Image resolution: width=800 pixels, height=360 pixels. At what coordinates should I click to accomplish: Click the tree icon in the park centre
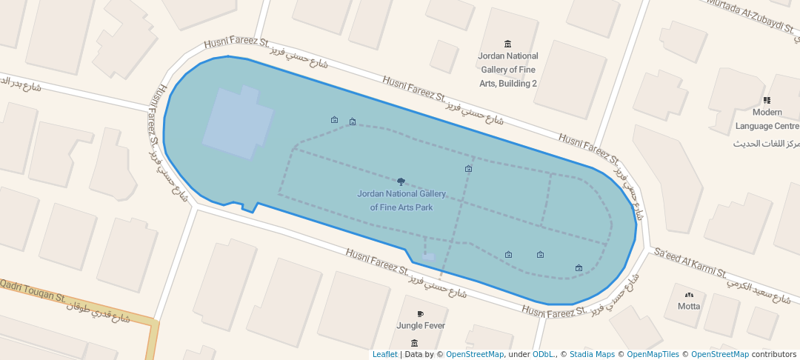401,181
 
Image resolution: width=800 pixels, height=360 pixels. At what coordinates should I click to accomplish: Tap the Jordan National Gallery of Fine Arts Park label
401,201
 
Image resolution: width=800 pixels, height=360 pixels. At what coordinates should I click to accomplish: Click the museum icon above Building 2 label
507,44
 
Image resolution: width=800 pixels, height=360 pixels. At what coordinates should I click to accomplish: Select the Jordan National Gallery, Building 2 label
508,70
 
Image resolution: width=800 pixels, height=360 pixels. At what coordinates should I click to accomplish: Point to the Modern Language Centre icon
767,100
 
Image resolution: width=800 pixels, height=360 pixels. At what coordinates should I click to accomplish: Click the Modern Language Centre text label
767,119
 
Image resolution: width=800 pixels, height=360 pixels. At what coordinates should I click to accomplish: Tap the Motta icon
689,294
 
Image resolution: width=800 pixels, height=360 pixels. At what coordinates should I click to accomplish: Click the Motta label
689,306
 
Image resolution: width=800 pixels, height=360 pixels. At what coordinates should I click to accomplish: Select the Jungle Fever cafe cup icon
421,314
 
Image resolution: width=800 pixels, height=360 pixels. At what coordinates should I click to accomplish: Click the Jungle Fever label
421,325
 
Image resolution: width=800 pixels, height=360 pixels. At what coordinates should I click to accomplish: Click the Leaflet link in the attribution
384,355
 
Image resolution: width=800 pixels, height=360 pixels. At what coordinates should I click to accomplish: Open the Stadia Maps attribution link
592,355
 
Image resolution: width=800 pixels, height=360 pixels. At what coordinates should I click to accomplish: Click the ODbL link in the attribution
544,355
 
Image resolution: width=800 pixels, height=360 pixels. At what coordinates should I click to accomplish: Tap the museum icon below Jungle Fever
414,343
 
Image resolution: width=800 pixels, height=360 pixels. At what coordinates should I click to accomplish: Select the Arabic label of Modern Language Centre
767,143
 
